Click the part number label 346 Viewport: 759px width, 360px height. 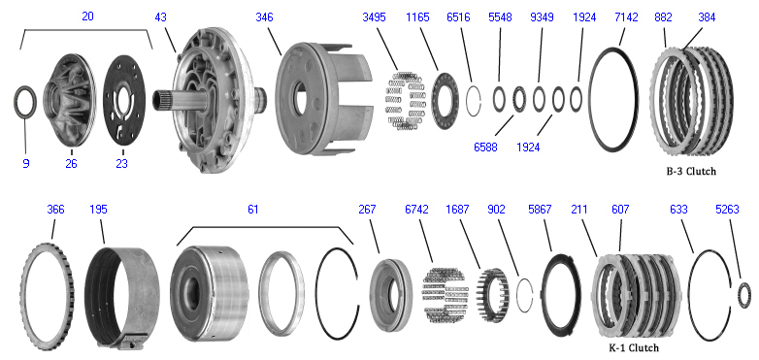(264, 17)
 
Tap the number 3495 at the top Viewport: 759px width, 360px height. (375, 17)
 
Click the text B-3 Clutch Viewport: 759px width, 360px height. (691, 171)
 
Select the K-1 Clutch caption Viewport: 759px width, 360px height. (634, 347)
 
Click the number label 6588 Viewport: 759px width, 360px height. (485, 147)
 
